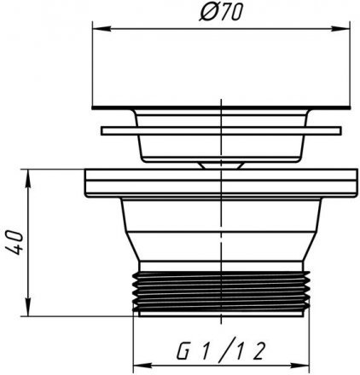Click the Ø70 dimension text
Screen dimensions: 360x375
pyautogui.click(x=221, y=13)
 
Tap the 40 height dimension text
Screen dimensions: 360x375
pyautogui.click(x=14, y=242)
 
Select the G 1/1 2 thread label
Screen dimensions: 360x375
pyautogui.click(x=221, y=349)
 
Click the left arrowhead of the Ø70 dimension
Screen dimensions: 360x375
pyautogui.click(x=102, y=29)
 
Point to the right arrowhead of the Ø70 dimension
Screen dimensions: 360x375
pyautogui.click(x=340, y=29)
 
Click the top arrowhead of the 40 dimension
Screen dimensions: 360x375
pyautogui.click(x=28, y=179)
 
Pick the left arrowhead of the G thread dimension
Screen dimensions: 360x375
pyautogui.click(x=142, y=366)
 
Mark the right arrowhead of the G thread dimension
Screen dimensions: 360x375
pyautogui.click(x=300, y=366)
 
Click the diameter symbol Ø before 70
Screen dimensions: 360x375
pyautogui.click(x=207, y=13)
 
